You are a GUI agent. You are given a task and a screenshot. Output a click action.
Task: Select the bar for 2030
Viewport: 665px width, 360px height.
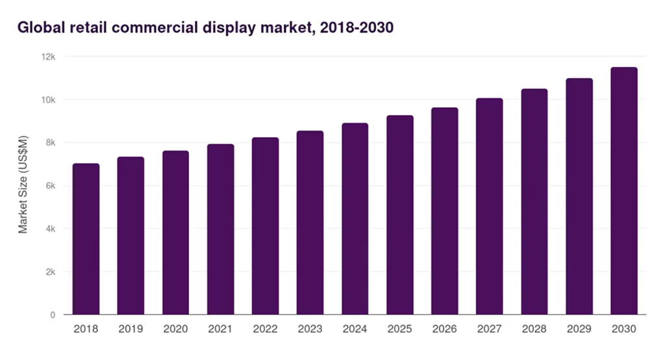point(623,191)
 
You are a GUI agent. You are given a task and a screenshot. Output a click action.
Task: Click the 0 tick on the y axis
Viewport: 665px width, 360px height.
point(53,315)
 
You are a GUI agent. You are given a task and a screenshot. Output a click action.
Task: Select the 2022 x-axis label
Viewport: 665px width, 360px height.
point(265,329)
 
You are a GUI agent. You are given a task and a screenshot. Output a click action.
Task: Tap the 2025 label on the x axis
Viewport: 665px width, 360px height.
point(399,329)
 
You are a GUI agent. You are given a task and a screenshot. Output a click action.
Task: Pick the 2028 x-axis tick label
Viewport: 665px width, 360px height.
point(534,329)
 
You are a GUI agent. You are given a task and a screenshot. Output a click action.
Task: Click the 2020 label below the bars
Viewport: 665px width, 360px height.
point(175,329)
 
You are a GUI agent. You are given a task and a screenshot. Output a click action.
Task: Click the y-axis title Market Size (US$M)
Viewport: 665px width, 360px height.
point(23,185)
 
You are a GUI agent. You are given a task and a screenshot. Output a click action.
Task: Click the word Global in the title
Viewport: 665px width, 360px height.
point(40,28)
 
